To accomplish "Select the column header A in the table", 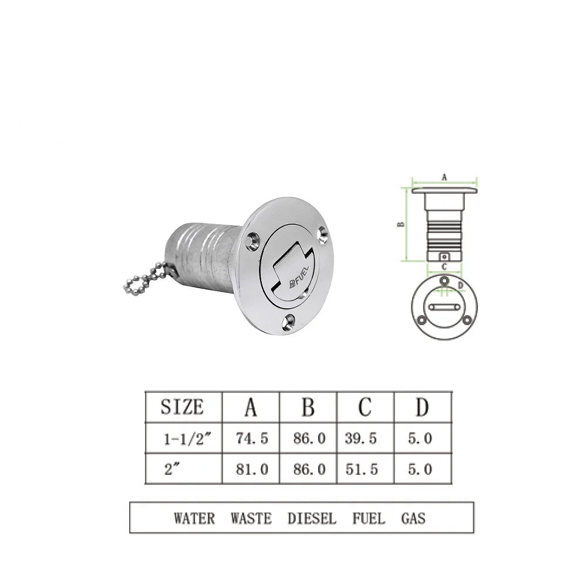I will (250, 407).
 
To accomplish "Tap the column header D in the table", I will (421, 407).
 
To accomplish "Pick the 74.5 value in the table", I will (251, 438).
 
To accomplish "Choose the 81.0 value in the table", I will (251, 469).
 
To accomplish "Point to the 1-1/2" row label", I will (183, 438).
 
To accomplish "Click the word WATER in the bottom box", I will (194, 518).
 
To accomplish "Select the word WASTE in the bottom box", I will (251, 518).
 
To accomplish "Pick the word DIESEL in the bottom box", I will (312, 518).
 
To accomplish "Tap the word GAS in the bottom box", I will (413, 518).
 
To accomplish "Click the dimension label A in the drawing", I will (444, 176).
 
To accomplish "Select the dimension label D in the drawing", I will (460, 285).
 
